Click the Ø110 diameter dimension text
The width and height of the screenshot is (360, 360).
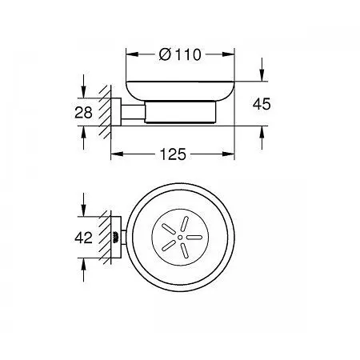[x=180, y=54]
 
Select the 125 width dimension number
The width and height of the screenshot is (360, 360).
[x=173, y=154]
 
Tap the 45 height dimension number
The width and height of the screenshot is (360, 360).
[x=262, y=104]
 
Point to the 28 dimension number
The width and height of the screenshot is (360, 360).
[x=83, y=112]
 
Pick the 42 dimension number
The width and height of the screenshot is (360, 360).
[x=83, y=238]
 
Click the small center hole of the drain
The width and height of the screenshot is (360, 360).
[x=180, y=237]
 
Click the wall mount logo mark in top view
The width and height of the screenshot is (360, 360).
[x=115, y=237]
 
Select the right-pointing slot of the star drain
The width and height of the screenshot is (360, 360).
[x=194, y=237]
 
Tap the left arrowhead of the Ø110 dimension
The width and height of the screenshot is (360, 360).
[x=132, y=54]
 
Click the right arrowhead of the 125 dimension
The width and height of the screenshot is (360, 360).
[x=228, y=154]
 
